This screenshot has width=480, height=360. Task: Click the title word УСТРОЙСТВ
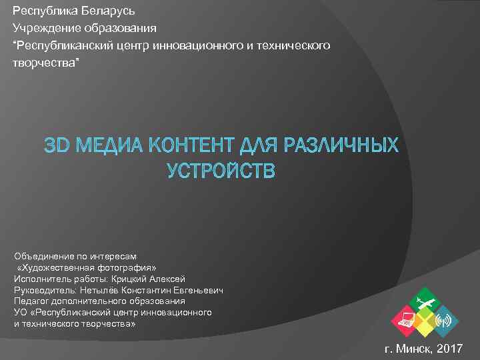pyautogui.click(x=221, y=171)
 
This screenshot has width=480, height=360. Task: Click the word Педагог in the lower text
pyautogui.click(x=31, y=301)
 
